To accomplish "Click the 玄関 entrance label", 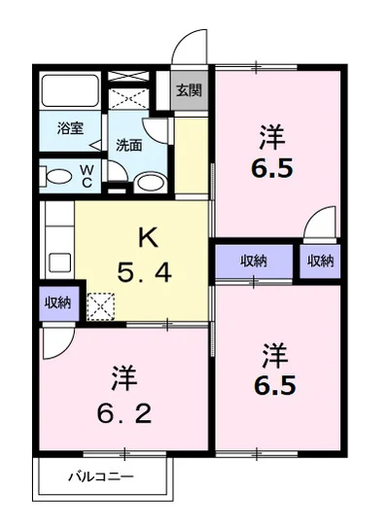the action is click(x=189, y=89).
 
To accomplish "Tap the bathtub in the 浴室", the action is click(x=70, y=90).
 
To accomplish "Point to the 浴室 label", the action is click(x=70, y=128).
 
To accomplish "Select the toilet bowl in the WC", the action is click(x=58, y=176).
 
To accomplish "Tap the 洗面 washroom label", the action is click(x=129, y=145).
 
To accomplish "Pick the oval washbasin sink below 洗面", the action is click(x=151, y=183).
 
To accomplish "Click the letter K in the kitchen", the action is click(x=148, y=237).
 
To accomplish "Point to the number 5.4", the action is click(x=145, y=273).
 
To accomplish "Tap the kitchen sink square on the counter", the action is click(x=60, y=263).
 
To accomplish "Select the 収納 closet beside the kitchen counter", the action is click(x=59, y=303).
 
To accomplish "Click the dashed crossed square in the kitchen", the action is click(x=101, y=306).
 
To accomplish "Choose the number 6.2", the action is click(x=124, y=413).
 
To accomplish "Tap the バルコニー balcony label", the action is click(x=101, y=476).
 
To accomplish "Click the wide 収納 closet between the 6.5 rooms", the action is click(x=254, y=262).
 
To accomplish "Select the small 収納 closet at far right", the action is click(x=320, y=261).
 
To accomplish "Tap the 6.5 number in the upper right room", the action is click(x=271, y=168).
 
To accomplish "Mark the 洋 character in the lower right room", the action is click(x=275, y=356).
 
